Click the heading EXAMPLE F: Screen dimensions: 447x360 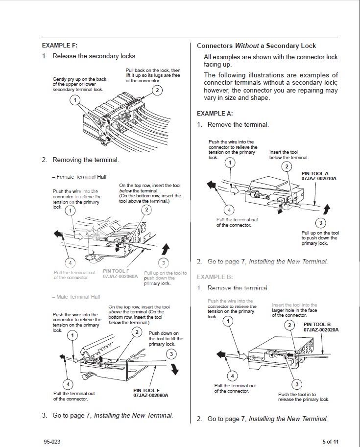coord(60,45)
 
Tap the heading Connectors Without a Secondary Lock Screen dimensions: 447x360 coord(256,46)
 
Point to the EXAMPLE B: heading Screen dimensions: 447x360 coord(215,277)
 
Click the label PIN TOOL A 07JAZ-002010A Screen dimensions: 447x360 coord(319,176)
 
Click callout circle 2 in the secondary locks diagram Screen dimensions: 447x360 coord(157,90)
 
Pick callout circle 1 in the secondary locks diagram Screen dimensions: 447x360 coord(74,100)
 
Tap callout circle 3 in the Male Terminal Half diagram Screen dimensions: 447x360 coord(171,353)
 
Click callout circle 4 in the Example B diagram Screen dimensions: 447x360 coord(232,376)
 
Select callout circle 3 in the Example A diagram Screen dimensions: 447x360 coord(321,223)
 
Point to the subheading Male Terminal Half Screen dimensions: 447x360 coord(76,297)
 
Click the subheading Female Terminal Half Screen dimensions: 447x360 coord(79,177)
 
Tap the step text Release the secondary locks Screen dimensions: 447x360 coord(95,56)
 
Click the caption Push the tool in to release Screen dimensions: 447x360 coord(304,397)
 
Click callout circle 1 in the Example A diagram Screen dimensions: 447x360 coord(230,163)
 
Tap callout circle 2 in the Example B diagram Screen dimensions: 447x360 coord(290,325)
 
